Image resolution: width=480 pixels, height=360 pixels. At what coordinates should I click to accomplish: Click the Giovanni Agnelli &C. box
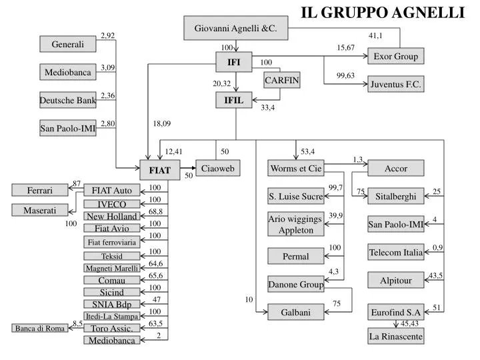(235, 29)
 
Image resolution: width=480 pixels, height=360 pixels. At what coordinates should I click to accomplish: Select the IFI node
(233, 63)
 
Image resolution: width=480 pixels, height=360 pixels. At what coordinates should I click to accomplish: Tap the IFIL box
(233, 101)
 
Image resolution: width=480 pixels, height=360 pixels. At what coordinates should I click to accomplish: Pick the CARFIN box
(282, 81)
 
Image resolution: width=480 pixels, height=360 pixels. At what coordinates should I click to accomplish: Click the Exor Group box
(395, 56)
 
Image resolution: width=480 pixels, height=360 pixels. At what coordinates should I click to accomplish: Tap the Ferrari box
(40, 191)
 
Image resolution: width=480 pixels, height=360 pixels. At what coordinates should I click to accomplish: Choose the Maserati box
(40, 211)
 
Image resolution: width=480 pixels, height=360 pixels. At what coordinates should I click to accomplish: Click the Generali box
(68, 45)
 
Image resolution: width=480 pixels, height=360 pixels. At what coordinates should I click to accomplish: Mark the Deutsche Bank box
(68, 100)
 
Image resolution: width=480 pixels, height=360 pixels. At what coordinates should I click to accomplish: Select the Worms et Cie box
(296, 169)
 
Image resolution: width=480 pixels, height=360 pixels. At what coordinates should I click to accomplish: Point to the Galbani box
(296, 311)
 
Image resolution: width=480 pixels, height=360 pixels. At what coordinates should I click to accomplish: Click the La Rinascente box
(395, 336)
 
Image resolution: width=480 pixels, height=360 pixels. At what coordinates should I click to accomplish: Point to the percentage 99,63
(345, 76)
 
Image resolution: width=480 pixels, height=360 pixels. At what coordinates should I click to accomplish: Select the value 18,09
(161, 123)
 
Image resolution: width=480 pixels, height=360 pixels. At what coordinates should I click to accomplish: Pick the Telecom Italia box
(395, 253)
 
